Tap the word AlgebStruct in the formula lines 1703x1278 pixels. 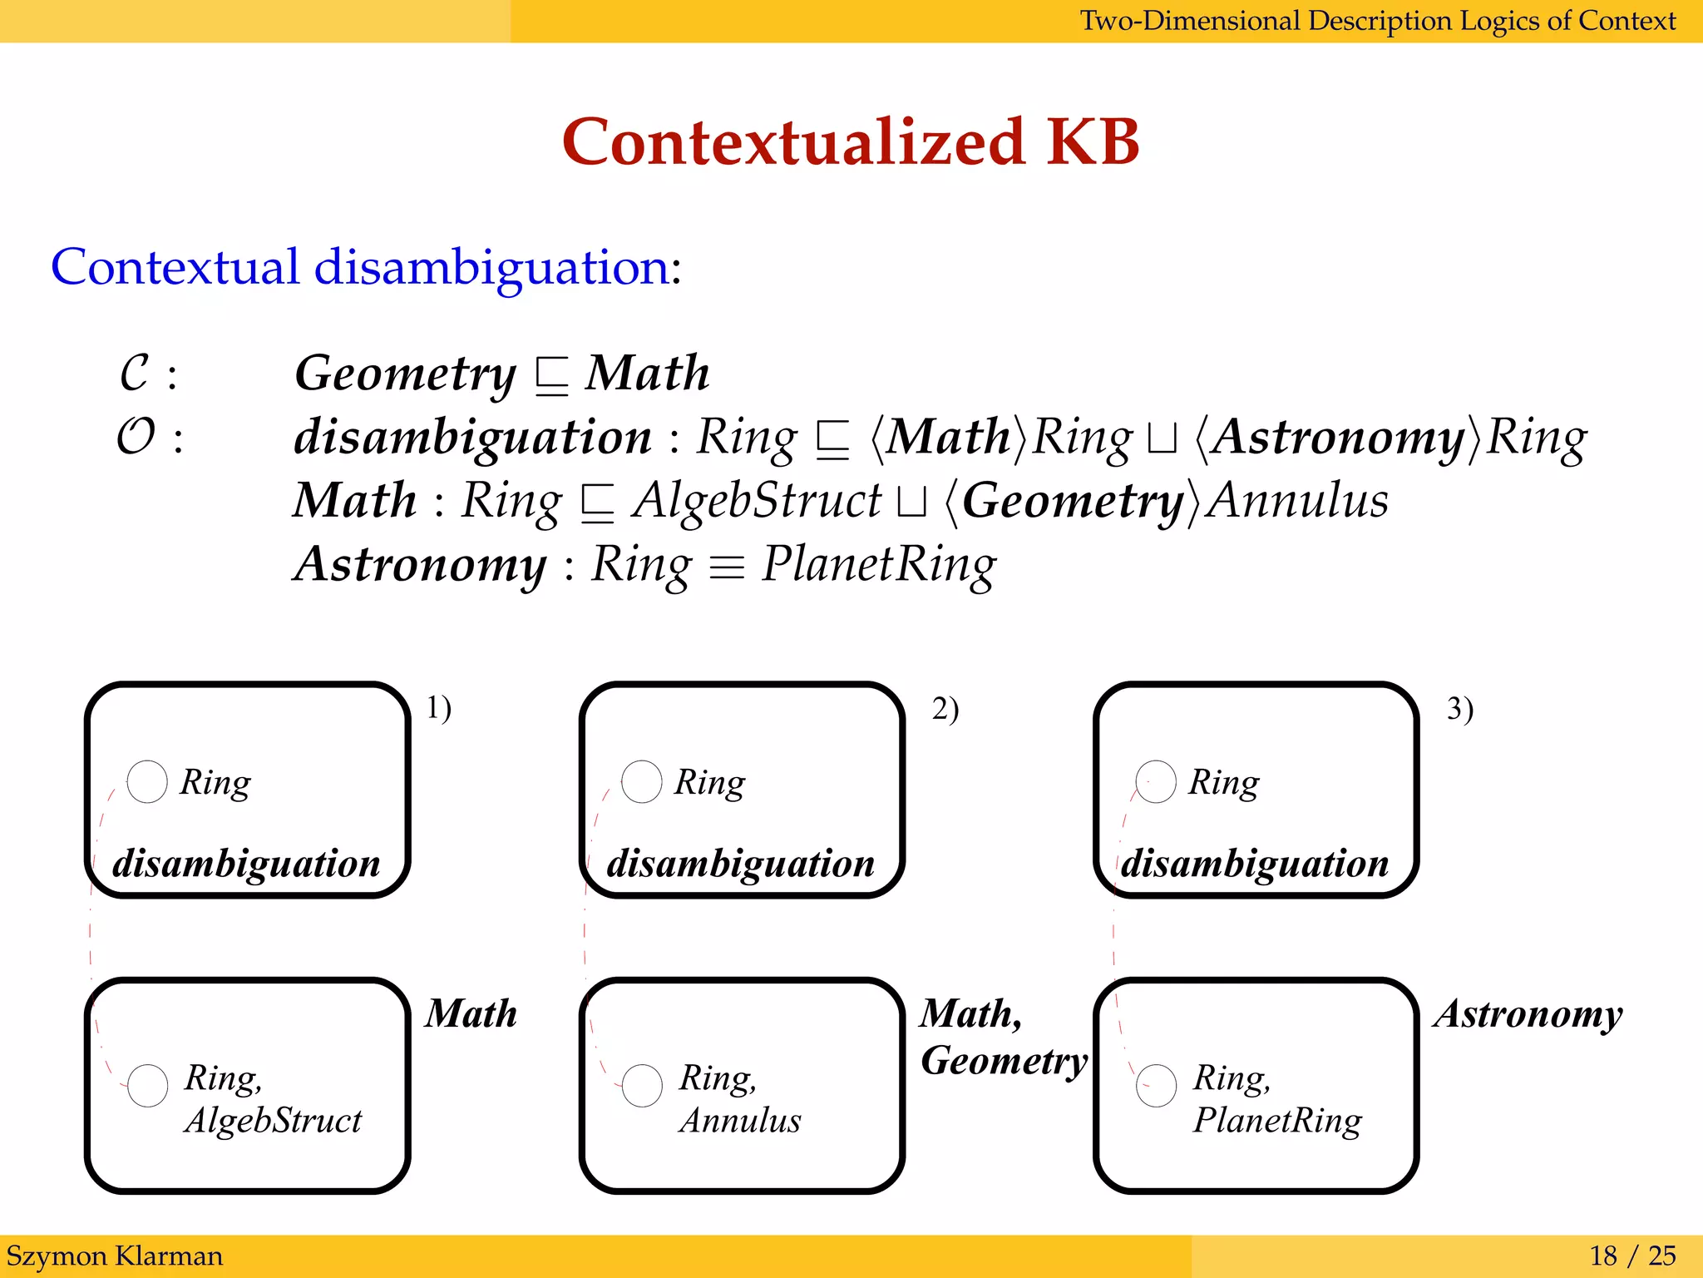(756, 501)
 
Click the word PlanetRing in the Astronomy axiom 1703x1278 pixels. (878, 565)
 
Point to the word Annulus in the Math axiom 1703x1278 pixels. (1297, 501)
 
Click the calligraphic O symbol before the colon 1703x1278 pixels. (136, 437)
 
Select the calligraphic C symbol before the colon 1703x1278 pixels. (136, 373)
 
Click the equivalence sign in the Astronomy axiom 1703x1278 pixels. (727, 567)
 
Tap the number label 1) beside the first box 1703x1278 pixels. (438, 708)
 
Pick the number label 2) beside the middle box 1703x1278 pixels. (945, 709)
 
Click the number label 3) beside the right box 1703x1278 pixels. (1459, 709)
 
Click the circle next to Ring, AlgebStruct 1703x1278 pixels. (148, 1085)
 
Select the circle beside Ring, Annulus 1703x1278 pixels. (642, 1085)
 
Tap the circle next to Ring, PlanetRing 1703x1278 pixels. (1156, 1085)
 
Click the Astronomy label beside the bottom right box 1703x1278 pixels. (1528, 1014)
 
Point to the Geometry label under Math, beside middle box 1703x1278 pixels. (1004, 1061)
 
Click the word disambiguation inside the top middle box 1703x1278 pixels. (740, 864)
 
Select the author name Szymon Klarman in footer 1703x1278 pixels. (115, 1256)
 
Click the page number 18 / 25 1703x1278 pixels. (1632, 1256)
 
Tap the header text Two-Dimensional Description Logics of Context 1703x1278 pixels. (1377, 21)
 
